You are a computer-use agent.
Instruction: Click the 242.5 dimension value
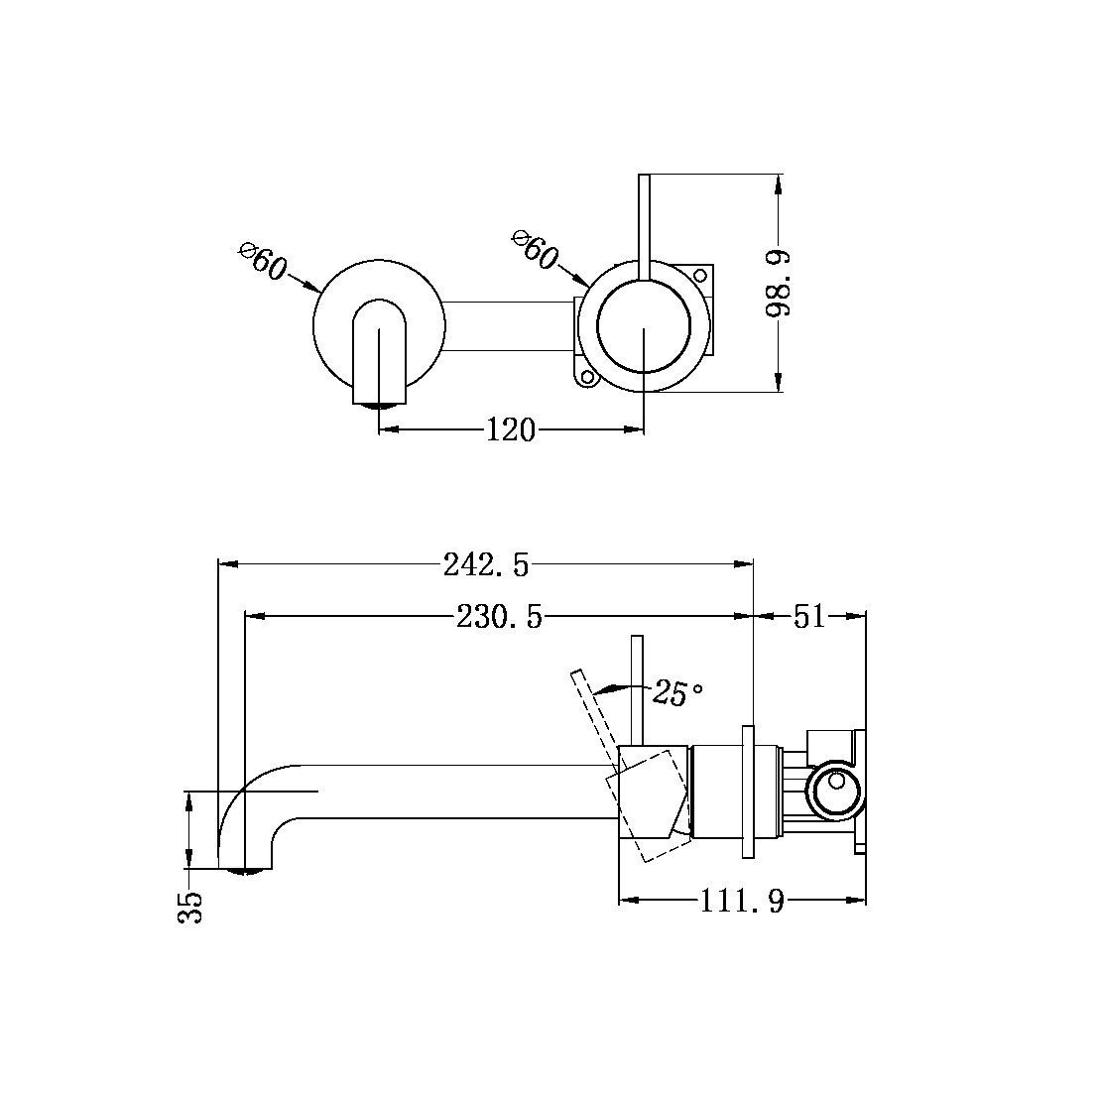tap(486, 565)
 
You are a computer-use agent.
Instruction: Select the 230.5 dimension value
tap(500, 617)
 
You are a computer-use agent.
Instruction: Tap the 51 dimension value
tap(809, 617)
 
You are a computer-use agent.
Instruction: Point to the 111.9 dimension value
tap(743, 902)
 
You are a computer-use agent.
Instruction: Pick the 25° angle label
tap(678, 693)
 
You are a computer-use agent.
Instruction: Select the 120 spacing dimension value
tap(511, 430)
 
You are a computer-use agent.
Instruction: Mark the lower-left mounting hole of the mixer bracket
tap(586, 376)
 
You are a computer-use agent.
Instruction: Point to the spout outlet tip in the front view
tap(380, 404)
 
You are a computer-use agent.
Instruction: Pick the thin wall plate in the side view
tap(747, 790)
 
